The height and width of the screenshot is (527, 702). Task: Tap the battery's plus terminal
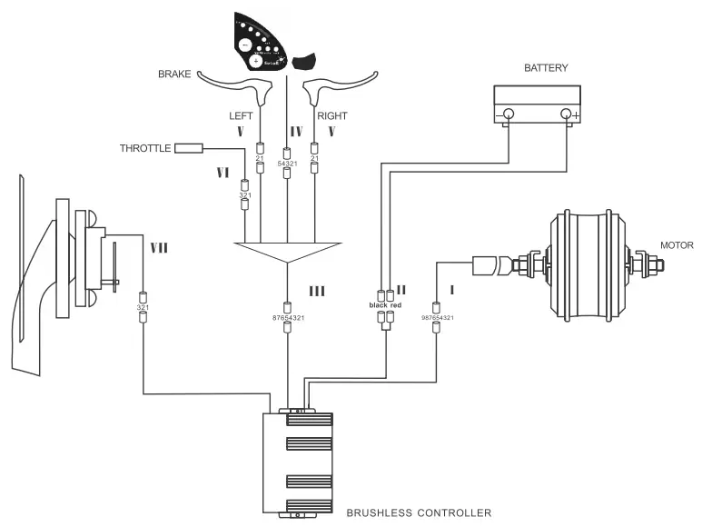569,114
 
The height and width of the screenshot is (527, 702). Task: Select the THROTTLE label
145,147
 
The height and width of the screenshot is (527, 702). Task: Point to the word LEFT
241,115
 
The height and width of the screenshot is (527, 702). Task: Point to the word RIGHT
331,115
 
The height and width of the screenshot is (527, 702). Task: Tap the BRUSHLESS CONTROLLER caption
419,513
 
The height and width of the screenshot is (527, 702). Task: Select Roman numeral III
317,291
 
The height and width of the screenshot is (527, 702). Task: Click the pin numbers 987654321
437,318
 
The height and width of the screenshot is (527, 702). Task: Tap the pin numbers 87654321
288,317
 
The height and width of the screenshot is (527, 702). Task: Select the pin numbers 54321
288,163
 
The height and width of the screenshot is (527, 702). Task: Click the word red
395,305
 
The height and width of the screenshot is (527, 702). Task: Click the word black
378,305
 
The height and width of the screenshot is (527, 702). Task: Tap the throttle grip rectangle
189,147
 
